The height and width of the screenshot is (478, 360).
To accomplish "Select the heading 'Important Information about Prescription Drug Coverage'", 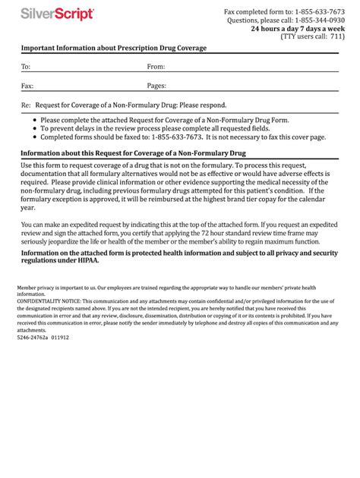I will (114, 48).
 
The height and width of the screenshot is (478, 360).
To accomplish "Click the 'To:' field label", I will (26, 67).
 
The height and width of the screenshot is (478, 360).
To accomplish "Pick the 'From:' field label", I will (156, 67).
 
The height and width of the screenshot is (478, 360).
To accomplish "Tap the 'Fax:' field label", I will (27, 86).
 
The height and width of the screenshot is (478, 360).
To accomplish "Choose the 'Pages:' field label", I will (156, 86).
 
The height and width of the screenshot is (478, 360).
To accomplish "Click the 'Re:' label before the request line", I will (26, 105).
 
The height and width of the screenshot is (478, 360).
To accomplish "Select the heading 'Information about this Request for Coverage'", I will (133, 153).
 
